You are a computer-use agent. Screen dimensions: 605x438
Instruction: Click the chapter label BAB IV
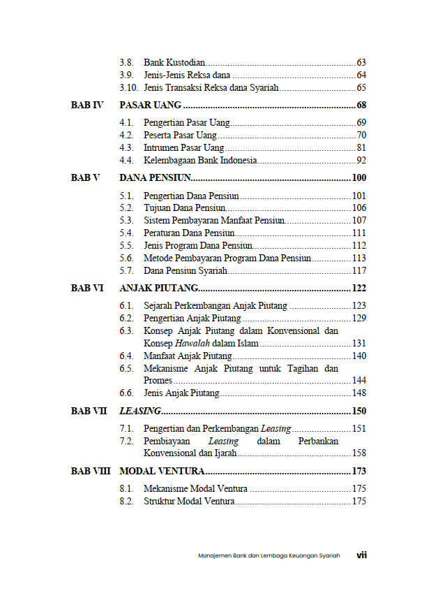click(87, 105)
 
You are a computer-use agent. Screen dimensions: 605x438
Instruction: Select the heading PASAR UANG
click(151, 105)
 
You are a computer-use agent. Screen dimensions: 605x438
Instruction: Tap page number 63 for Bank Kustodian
click(361, 62)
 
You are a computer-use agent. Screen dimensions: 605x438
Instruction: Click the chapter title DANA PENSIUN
click(155, 177)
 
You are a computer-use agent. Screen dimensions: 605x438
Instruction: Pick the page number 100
click(359, 177)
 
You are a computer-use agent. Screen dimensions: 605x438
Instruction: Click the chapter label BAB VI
click(87, 288)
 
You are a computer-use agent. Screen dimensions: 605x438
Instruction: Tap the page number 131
click(359, 343)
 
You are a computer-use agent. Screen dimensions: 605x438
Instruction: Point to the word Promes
click(158, 381)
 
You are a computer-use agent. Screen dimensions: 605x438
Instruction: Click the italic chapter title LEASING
click(140, 411)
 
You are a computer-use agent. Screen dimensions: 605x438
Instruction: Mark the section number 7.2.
click(126, 442)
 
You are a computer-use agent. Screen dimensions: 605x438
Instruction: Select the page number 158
click(359, 453)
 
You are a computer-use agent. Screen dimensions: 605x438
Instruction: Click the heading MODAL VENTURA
click(162, 472)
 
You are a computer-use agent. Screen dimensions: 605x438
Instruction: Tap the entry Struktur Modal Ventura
click(189, 502)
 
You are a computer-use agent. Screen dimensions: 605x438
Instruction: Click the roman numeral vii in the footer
click(361, 555)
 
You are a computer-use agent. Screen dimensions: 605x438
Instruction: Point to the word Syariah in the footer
click(329, 556)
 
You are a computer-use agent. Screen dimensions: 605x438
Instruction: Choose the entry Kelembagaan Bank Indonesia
click(200, 161)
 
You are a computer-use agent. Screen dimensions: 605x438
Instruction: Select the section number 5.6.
click(126, 258)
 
